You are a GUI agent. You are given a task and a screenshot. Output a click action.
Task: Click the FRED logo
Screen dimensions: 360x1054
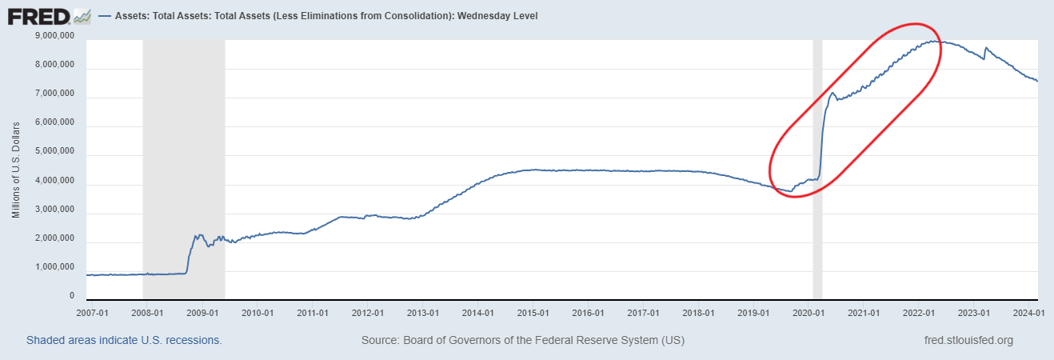(49, 15)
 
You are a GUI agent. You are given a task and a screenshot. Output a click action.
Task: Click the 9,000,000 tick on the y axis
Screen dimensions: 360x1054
(52, 36)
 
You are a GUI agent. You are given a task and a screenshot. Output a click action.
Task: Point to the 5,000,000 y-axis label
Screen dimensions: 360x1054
(52, 152)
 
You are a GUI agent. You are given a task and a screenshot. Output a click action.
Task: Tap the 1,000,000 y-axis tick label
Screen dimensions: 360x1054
(52, 267)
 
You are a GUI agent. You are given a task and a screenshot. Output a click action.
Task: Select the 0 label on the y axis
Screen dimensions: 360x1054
(71, 296)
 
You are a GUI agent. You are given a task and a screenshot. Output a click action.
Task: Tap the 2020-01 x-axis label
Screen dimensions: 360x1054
(808, 313)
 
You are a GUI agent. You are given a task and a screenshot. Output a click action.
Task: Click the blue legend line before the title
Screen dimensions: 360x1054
(104, 15)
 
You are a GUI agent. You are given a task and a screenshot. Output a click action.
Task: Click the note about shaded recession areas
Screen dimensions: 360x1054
(124, 340)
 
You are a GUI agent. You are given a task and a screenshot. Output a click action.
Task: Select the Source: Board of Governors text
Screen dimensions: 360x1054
(523, 340)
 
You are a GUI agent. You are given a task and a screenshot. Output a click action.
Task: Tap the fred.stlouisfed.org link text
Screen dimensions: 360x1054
(968, 340)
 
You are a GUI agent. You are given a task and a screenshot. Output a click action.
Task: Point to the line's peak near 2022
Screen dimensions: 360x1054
(934, 41)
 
